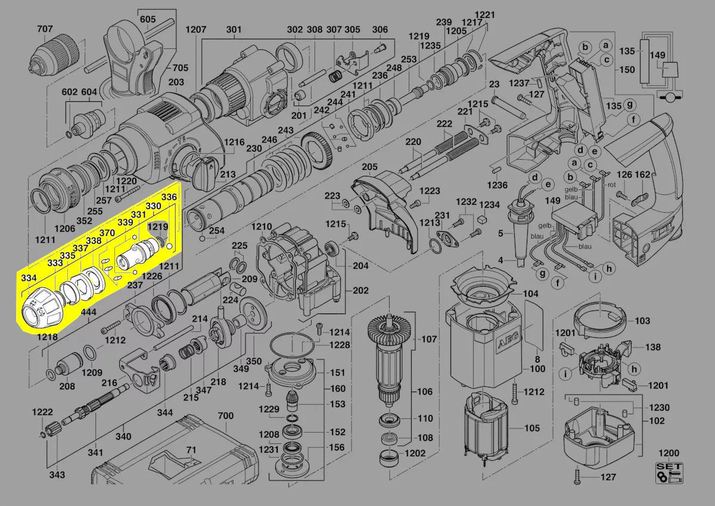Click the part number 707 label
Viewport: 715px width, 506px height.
(x=45, y=29)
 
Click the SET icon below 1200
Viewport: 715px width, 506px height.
(x=669, y=473)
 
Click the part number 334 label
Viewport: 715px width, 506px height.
(x=29, y=278)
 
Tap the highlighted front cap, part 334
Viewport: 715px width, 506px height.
(x=42, y=311)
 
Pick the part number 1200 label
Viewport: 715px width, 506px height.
(x=669, y=453)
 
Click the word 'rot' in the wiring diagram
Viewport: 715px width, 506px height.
(x=611, y=185)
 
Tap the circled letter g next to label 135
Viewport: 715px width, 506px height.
(x=630, y=105)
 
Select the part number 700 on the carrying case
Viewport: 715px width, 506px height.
(x=226, y=415)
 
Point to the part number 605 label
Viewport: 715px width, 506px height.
(x=148, y=19)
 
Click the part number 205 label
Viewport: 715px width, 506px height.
(x=369, y=167)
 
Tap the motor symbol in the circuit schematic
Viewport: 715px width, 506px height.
(x=670, y=97)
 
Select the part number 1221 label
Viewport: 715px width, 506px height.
(x=485, y=15)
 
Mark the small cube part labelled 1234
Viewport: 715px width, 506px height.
(x=483, y=220)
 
